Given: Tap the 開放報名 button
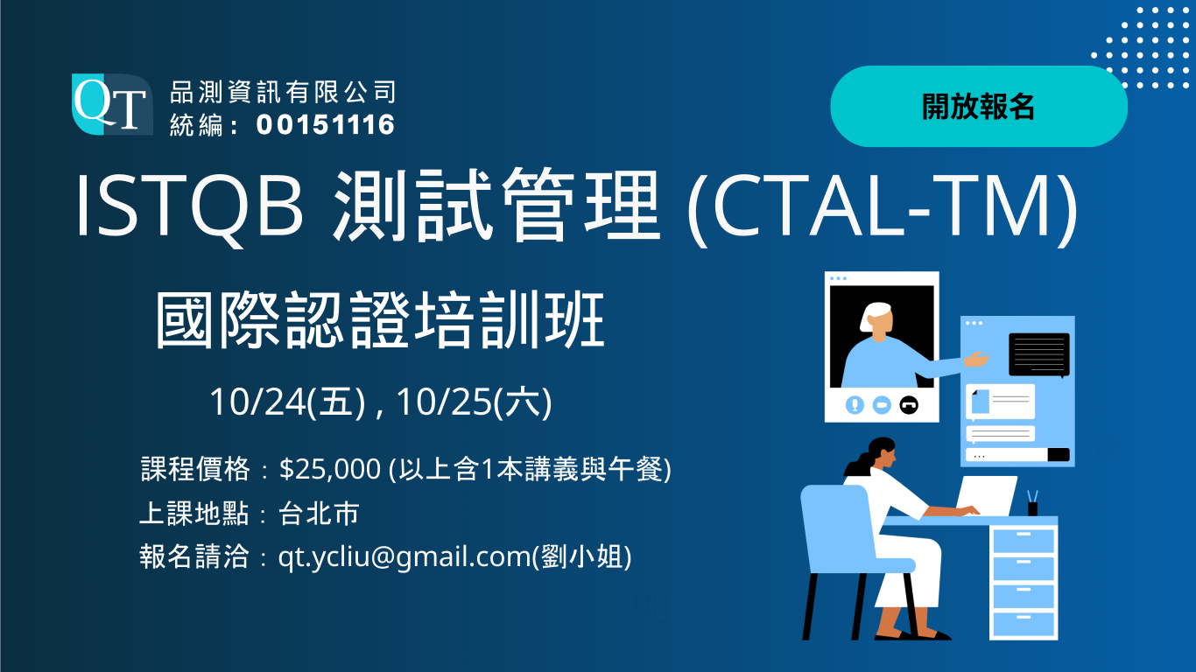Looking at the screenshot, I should point(978,107).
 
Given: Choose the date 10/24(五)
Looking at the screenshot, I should point(286,402).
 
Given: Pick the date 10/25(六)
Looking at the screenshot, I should point(474,402).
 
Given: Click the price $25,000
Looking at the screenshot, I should point(330,470).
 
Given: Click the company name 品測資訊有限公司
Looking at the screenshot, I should point(283,91).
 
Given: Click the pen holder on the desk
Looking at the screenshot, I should point(1032,507).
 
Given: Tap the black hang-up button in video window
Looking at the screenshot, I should point(909,405).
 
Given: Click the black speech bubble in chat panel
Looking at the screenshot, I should point(1038,353).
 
